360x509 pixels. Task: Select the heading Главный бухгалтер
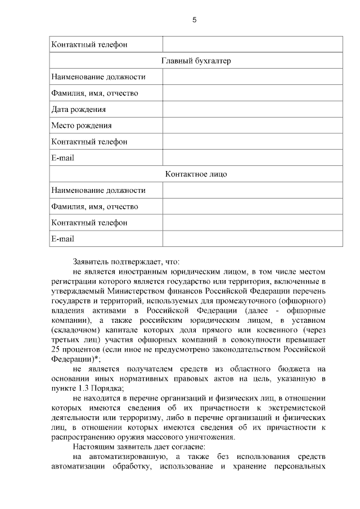pos(196,61)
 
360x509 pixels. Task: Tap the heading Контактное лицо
pos(196,174)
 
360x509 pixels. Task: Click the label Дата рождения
pos(79,110)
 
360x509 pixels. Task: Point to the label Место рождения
pos(82,125)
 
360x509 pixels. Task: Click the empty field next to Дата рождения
pos(253,110)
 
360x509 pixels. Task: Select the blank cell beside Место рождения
pos(253,125)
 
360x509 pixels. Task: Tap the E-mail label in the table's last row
pos(62,238)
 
